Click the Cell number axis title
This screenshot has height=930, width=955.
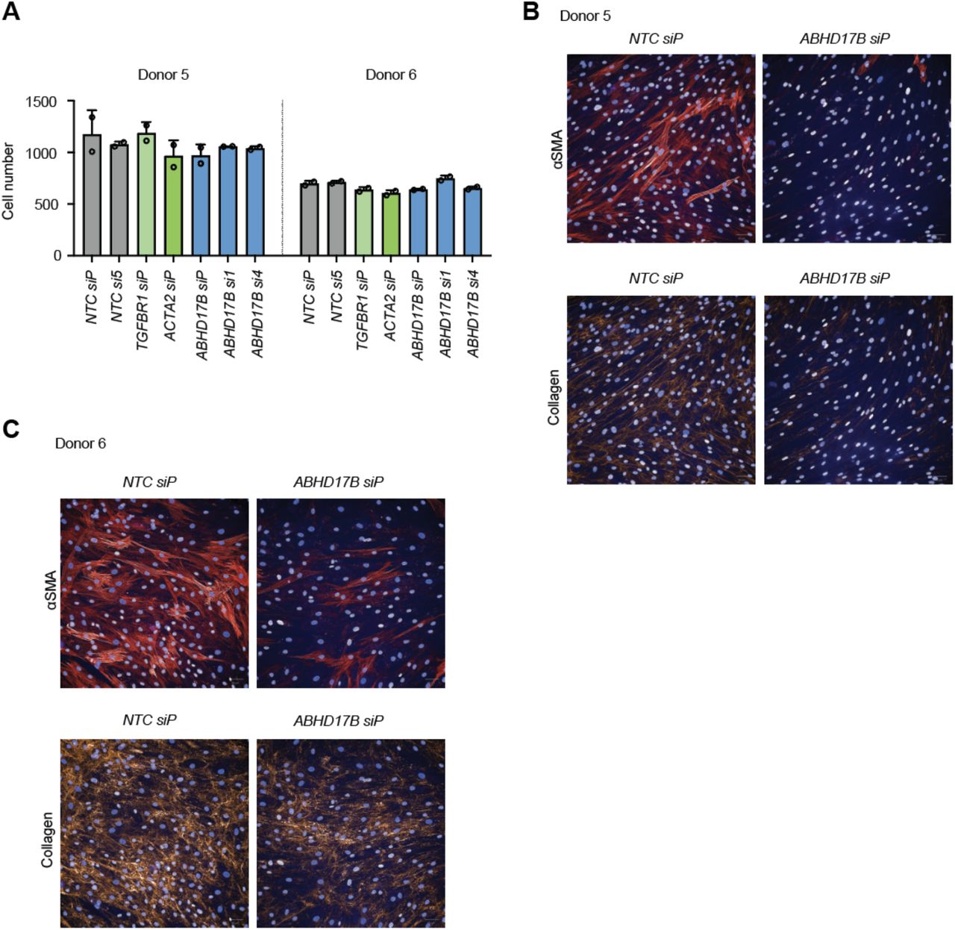point(8,181)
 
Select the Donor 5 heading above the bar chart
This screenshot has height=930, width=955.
point(163,75)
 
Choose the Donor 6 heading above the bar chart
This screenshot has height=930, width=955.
point(391,75)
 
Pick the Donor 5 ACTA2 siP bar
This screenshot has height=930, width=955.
point(174,206)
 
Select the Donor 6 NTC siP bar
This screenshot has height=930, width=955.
point(310,219)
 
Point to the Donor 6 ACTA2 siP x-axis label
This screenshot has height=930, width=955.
point(390,306)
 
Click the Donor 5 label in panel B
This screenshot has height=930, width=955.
point(585,16)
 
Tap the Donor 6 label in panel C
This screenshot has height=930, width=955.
point(81,443)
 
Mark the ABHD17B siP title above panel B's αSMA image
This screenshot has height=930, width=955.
point(845,39)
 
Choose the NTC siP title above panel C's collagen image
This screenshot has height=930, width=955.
point(150,720)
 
